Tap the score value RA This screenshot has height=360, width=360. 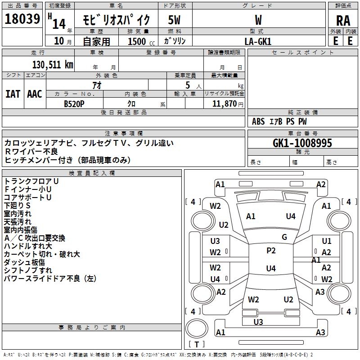click(x=343, y=20)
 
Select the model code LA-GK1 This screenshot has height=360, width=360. click(x=258, y=41)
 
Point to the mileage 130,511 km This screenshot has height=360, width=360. click(x=52, y=65)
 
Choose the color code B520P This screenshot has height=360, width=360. click(x=75, y=103)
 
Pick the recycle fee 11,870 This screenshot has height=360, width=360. click(x=224, y=103)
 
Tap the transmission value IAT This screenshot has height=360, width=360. click(x=13, y=94)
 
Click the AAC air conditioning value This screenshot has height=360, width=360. click(x=34, y=94)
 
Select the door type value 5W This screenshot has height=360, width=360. click(x=175, y=20)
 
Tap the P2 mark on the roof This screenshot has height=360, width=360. click(x=271, y=251)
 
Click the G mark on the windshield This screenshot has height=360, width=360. click(x=284, y=237)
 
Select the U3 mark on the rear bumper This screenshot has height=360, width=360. click(x=258, y=322)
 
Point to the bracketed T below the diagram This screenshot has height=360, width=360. click(x=197, y=344)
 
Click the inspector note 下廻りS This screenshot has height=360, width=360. click(x=17, y=205)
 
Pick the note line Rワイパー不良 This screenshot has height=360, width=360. click(x=31, y=152)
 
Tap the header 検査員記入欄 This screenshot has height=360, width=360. click(x=92, y=173)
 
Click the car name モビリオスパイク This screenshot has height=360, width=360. click(x=116, y=20)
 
